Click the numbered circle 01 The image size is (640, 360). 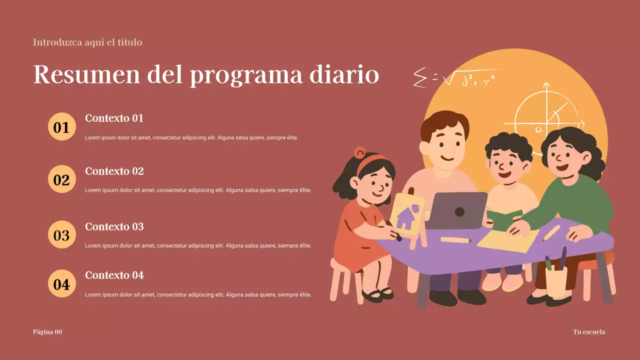click(x=61, y=126)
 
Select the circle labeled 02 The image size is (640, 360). click(x=61, y=179)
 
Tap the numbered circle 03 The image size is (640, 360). click(x=61, y=234)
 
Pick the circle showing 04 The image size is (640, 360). click(x=61, y=283)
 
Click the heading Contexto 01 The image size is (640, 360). click(x=114, y=118)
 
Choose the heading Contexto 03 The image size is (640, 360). click(x=114, y=227)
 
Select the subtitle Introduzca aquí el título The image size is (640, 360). click(x=87, y=42)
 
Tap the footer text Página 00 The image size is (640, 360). click(x=47, y=332)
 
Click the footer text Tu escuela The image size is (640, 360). click(x=588, y=332)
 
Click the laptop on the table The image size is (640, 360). click(x=455, y=210)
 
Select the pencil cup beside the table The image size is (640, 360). click(x=556, y=280)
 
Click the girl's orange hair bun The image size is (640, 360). click(x=359, y=152)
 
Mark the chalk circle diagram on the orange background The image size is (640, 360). click(x=546, y=115)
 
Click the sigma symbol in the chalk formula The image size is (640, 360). click(x=420, y=77)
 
